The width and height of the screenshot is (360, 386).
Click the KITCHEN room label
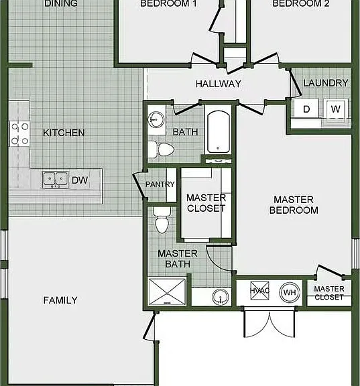pyautogui.click(x=64, y=133)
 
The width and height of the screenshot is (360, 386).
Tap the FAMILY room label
pyautogui.click(x=60, y=300)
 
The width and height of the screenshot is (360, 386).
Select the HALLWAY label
pyautogui.click(x=219, y=84)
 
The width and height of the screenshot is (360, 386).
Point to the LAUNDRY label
pyautogui.click(x=326, y=83)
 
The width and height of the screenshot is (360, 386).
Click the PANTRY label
pyautogui.click(x=160, y=184)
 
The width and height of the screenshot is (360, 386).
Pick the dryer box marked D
pyautogui.click(x=306, y=109)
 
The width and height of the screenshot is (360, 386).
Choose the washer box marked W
pyautogui.click(x=336, y=109)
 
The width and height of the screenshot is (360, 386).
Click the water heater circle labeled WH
pyautogui.click(x=290, y=292)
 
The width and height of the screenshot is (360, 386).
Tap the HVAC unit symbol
pyautogui.click(x=260, y=291)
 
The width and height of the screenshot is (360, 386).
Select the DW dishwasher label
pyautogui.click(x=80, y=180)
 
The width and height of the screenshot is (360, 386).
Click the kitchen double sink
pyautogui.click(x=56, y=180)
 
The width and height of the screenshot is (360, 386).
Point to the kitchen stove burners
pyautogui.click(x=19, y=133)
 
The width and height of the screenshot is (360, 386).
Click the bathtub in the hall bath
pyautogui.click(x=219, y=132)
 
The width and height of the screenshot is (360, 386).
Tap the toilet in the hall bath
pyautogui.click(x=161, y=149)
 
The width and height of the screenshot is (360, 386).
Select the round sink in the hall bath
pyautogui.click(x=156, y=119)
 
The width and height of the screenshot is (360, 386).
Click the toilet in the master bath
pyautogui.click(x=162, y=220)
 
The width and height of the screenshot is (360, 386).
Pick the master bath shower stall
pyautogui.click(x=167, y=292)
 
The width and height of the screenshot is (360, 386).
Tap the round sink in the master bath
pyautogui.click(x=221, y=297)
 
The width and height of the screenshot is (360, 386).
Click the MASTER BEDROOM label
pyautogui.click(x=294, y=205)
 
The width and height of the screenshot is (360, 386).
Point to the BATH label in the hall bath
pyautogui.click(x=186, y=132)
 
